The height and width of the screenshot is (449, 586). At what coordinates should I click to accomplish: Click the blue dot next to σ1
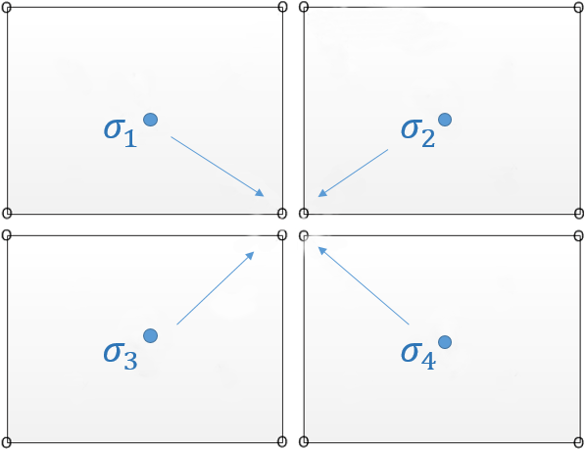click(x=150, y=120)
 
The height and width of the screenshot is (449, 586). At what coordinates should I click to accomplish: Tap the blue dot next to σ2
click(x=445, y=120)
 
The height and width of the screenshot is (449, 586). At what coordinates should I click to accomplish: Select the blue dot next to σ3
click(x=150, y=335)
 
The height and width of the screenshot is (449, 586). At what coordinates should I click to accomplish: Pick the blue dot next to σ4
click(x=445, y=342)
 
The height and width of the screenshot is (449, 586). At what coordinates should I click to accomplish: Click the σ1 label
click(x=120, y=133)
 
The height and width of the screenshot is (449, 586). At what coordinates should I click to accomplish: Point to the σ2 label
click(x=417, y=133)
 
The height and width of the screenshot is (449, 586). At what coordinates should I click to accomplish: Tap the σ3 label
click(x=120, y=356)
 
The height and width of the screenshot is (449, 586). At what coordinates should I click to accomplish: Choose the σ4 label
click(x=417, y=356)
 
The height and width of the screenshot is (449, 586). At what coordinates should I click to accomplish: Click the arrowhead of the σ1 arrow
click(x=260, y=192)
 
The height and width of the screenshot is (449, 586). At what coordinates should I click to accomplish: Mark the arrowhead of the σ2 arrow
click(x=322, y=193)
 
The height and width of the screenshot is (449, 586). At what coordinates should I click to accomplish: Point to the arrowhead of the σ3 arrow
click(x=250, y=255)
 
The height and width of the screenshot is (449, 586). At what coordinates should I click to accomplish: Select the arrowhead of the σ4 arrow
click(x=322, y=251)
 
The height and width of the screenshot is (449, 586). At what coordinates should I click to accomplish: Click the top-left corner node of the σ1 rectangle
click(x=7, y=7)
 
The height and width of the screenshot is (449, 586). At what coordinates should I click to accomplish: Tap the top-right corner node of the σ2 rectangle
click(x=579, y=7)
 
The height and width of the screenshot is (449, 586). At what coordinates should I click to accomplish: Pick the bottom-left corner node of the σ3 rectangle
click(x=7, y=442)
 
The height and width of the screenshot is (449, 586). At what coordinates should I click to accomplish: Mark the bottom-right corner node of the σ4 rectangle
click(x=579, y=442)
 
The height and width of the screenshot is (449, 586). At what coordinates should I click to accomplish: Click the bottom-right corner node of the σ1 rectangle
click(x=282, y=214)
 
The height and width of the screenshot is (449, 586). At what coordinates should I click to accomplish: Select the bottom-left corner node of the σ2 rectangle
click(x=304, y=214)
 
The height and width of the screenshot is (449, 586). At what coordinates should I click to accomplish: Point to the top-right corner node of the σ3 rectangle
click(x=282, y=235)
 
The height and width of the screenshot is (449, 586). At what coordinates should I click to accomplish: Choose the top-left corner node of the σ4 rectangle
click(x=304, y=235)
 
